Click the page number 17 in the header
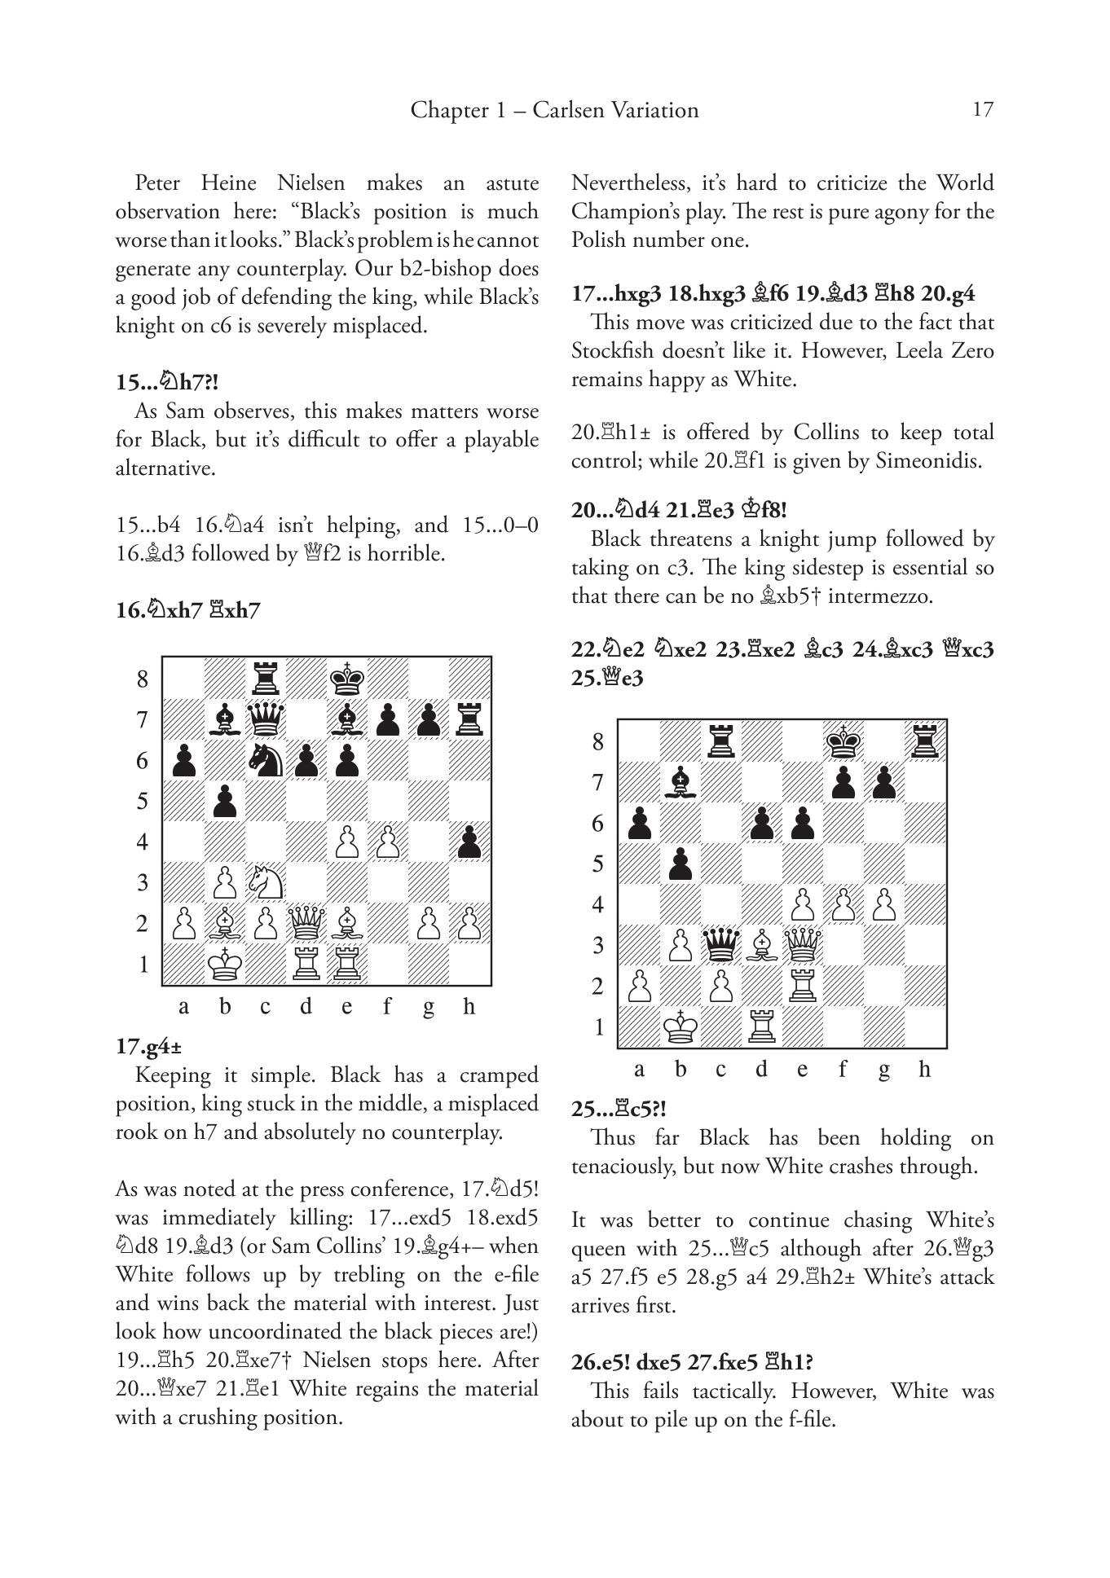983,110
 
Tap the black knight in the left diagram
266,759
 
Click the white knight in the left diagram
266,881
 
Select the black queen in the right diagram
720,944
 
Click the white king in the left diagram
224,964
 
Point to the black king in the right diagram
844,740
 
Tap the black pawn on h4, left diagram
469,842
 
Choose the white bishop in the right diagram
762,945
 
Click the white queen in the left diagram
306,923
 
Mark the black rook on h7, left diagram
469,719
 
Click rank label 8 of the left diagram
143,679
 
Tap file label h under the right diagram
924,1070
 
